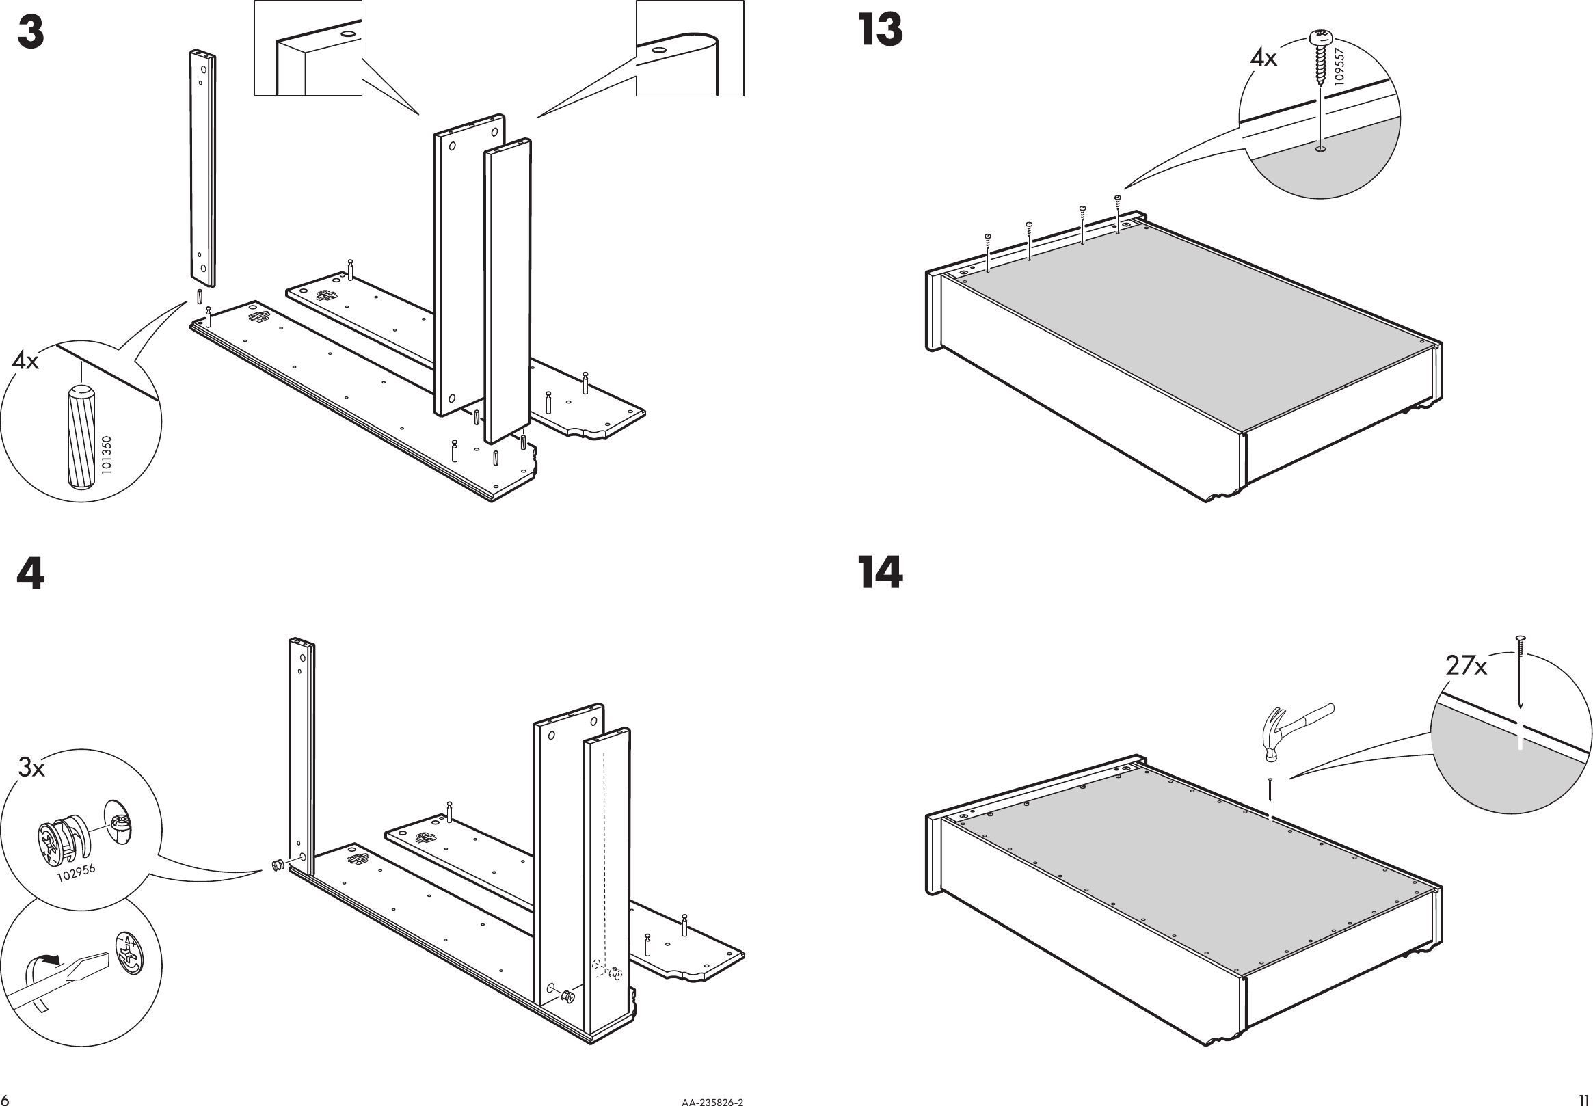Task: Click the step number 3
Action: [31, 33]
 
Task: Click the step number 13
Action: [880, 31]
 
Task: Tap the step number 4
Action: [31, 574]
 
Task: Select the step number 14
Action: [880, 573]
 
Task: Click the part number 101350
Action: [105, 455]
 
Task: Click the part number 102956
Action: [75, 873]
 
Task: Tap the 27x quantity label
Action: [1466, 666]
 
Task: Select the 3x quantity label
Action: [31, 768]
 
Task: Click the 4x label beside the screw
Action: [1263, 58]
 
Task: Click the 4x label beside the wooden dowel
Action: [25, 361]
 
